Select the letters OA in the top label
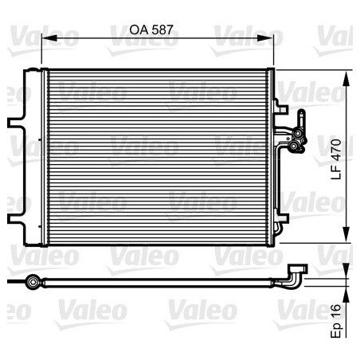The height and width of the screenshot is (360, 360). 140,29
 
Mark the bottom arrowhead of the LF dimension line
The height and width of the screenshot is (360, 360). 346,237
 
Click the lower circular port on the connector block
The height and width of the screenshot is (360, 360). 300,146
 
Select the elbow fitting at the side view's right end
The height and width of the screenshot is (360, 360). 296,275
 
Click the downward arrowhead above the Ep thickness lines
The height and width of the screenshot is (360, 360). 346,274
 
